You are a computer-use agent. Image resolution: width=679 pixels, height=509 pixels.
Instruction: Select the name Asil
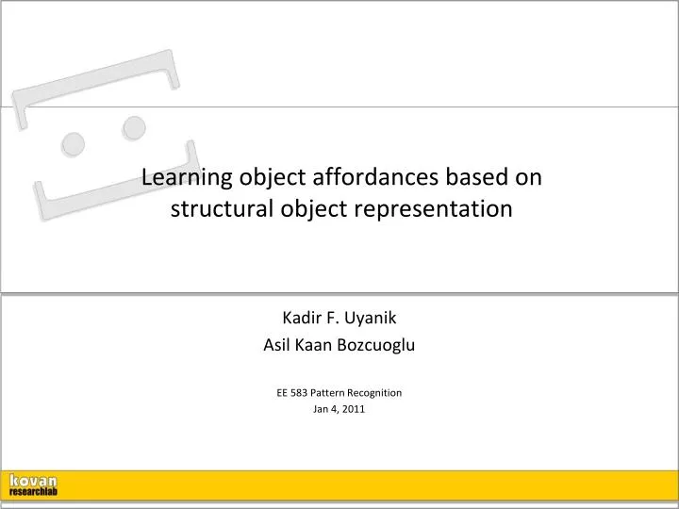point(277,346)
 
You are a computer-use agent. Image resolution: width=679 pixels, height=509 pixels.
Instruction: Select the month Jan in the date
point(321,409)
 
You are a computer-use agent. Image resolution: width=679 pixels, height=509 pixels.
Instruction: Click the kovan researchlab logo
point(34,484)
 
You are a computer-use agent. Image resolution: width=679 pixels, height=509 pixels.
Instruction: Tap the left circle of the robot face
point(71,143)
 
